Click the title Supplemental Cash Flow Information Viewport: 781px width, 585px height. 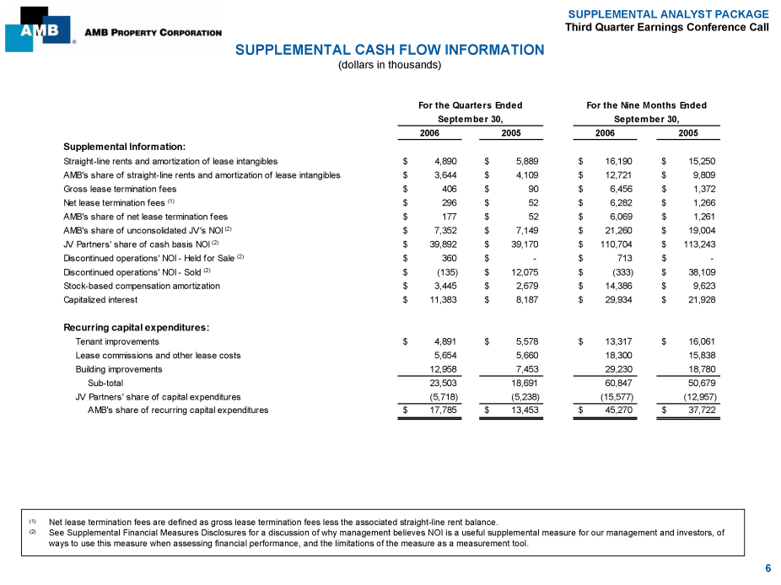point(390,50)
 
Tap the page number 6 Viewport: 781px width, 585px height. point(768,568)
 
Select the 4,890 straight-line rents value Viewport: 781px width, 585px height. point(445,160)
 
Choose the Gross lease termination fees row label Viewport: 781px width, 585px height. point(120,189)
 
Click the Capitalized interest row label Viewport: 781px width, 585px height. point(100,299)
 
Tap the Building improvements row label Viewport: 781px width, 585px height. point(119,369)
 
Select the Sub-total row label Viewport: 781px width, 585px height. point(105,383)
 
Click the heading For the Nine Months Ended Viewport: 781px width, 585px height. point(646,105)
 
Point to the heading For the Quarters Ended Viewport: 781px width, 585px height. point(471,105)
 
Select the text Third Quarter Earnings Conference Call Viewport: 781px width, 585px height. point(667,27)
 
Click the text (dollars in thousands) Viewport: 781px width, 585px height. point(390,65)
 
